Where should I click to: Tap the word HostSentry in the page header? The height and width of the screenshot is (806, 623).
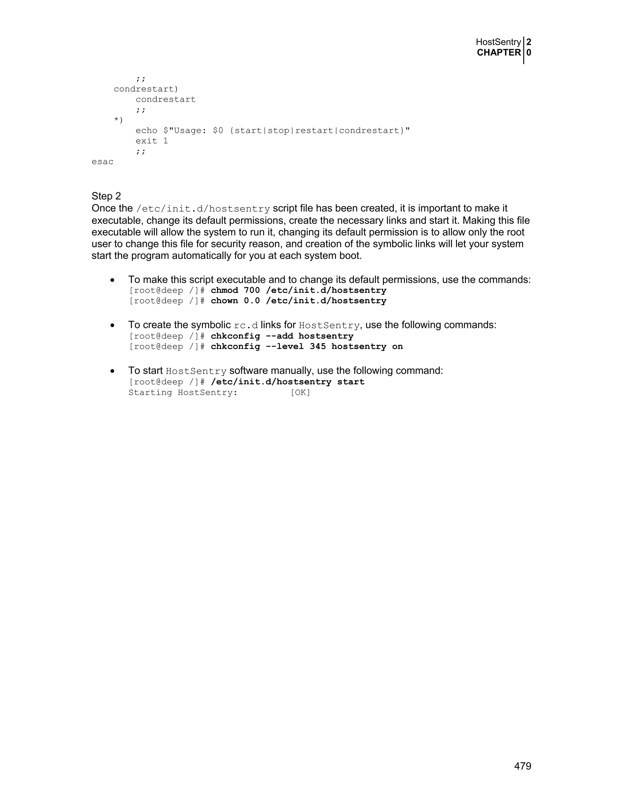click(x=498, y=42)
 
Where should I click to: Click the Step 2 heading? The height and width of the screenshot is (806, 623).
click(x=106, y=196)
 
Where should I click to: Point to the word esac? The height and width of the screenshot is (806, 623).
click(x=103, y=162)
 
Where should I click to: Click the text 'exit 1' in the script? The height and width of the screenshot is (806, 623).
click(x=152, y=141)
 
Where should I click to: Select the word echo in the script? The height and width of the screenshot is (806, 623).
click(x=147, y=131)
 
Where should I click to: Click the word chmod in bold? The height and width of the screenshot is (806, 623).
click(x=224, y=290)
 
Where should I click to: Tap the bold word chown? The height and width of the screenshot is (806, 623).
click(x=224, y=301)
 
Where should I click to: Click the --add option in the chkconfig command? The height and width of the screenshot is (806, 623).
click(x=279, y=336)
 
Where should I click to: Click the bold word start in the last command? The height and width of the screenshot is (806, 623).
click(x=351, y=382)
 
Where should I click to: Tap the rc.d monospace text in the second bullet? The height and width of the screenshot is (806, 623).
click(x=246, y=325)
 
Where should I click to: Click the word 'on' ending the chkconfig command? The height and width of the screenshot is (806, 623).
click(x=398, y=346)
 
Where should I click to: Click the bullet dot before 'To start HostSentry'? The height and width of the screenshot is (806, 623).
click(x=113, y=371)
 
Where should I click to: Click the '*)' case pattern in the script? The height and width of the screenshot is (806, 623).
click(x=118, y=120)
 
